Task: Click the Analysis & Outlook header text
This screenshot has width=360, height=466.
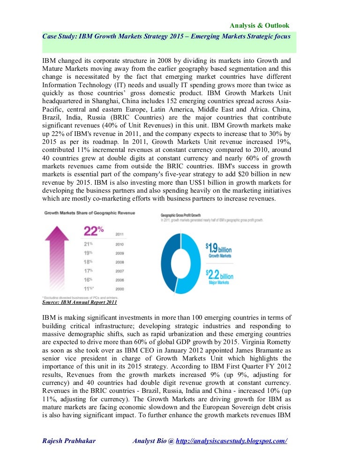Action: pyautogui.click(x=259, y=25)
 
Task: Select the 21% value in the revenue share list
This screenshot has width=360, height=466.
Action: pyautogui.click(x=89, y=244)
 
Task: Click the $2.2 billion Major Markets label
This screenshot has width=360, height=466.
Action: pyautogui.click(x=219, y=277)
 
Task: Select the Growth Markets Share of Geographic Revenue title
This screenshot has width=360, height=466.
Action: pyautogui.click(x=89, y=213)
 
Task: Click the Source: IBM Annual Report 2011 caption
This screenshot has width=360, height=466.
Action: pyautogui.click(x=79, y=302)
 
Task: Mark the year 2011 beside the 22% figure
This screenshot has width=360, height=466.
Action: pyautogui.click(x=120, y=234)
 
